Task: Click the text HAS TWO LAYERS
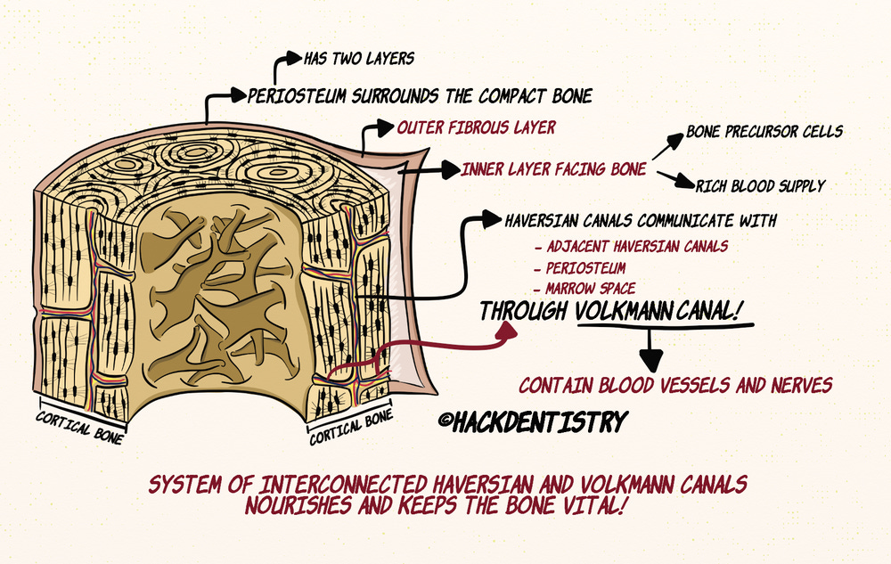pos(359,59)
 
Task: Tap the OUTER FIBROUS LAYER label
pos(476,127)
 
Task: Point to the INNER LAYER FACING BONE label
pos(553,168)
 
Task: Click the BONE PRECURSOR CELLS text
pos(764,132)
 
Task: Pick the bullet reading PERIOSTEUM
pos(579,267)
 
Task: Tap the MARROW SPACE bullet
pos(584,288)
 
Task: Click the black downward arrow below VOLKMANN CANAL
pos(653,358)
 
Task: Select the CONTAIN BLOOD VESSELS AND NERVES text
pos(675,386)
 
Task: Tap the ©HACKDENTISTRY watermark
pos(531,422)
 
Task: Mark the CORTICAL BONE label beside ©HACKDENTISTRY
pos(350,429)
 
